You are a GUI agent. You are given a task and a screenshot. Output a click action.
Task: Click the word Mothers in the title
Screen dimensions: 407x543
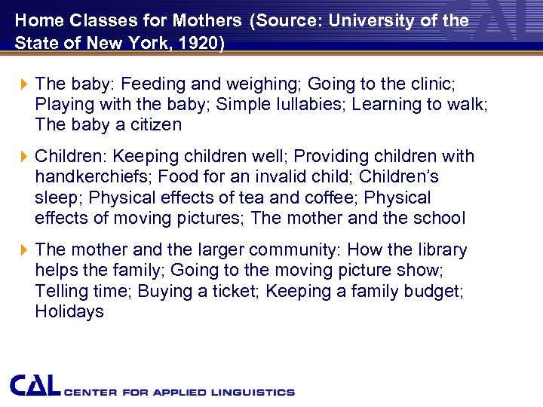pos(207,20)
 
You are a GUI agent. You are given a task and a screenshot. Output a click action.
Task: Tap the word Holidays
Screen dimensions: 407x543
pos(69,311)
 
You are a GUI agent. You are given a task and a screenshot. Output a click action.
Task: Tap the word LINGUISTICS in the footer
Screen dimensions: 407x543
pos(255,392)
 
